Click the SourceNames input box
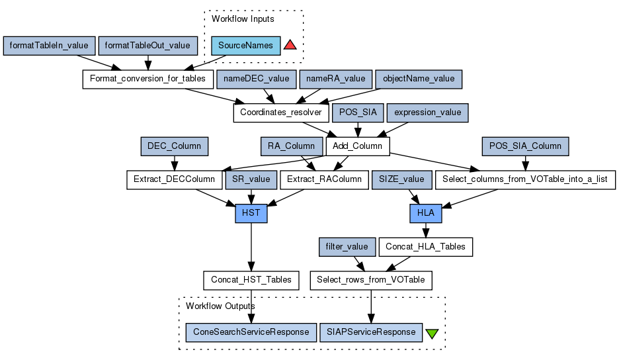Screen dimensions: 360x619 coord(246,46)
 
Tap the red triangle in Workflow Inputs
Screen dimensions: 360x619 coord(290,45)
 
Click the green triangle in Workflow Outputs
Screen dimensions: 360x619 coord(432,333)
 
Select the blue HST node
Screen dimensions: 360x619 coord(251,213)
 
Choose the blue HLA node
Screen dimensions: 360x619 coord(425,213)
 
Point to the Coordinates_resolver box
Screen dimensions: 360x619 coord(280,112)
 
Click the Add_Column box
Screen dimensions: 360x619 coord(358,146)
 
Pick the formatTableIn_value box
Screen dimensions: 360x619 coord(49,46)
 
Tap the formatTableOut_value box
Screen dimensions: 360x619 coord(148,46)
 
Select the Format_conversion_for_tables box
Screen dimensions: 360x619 coord(147,79)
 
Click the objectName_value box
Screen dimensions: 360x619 coord(419,79)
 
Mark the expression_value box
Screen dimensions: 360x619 coord(427,112)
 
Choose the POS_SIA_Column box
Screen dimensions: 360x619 coord(526,146)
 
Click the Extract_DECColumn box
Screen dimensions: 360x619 coord(174,179)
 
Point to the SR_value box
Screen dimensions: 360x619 coord(250,179)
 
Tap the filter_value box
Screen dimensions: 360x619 coord(347,247)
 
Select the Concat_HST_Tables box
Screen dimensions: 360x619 coord(251,280)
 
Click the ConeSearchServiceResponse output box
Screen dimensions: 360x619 coord(251,332)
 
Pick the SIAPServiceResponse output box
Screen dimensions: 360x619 coord(370,332)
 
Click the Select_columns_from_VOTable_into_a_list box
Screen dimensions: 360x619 coord(524,179)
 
